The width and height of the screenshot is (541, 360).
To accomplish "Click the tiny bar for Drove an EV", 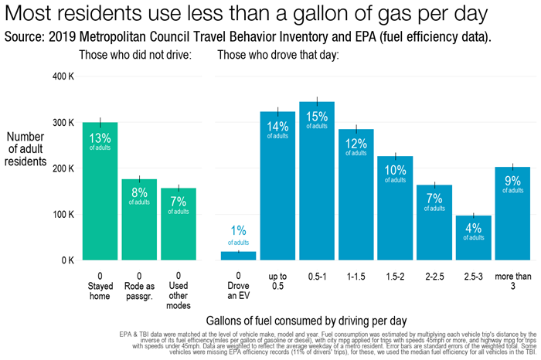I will tap(238, 256).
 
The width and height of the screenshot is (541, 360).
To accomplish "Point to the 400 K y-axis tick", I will tap(62, 77).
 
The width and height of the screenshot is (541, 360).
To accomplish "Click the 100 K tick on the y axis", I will tap(62, 215).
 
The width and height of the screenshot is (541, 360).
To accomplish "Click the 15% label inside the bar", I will tap(317, 117).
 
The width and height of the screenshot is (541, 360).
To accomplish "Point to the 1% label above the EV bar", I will tap(238, 230).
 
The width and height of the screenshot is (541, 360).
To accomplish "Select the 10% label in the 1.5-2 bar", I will tap(395, 170).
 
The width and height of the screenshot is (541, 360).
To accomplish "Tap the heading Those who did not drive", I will tap(135, 55).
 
